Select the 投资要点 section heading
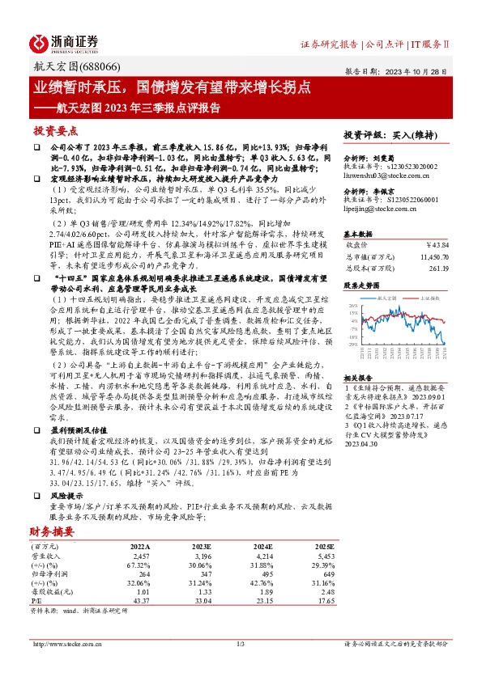[55, 130]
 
